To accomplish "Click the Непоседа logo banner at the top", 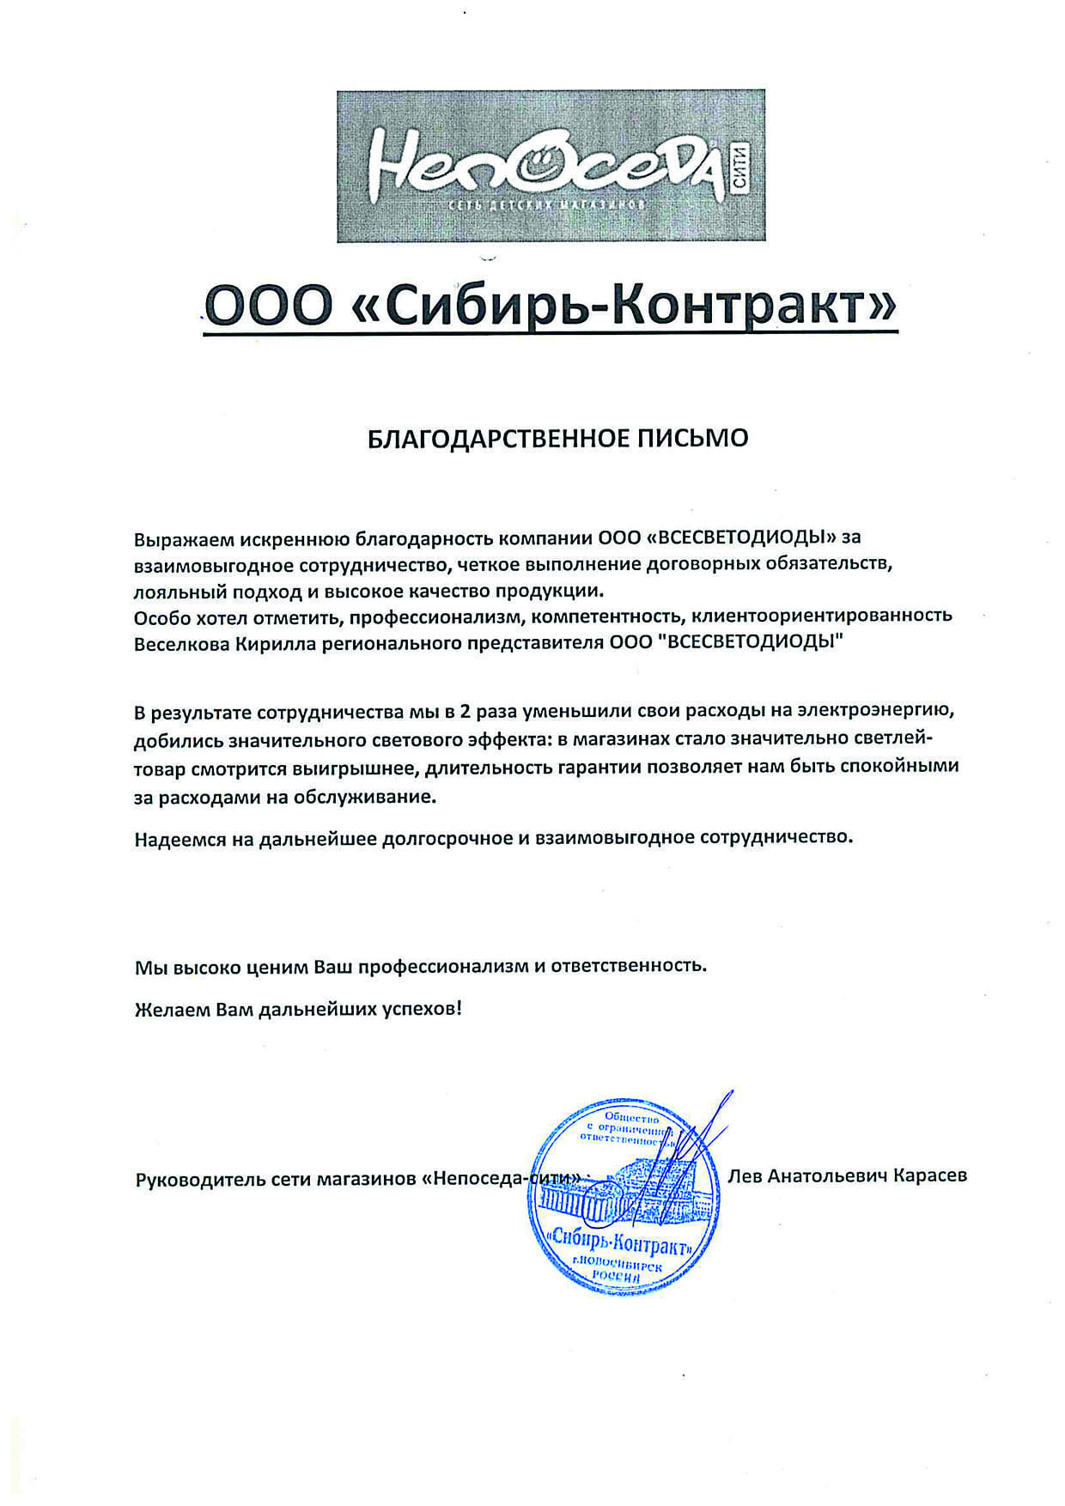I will (x=551, y=166).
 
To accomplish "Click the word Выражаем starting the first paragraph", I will (x=184, y=539).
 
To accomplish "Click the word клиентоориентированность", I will (x=822, y=616).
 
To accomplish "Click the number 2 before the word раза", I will (x=465, y=712).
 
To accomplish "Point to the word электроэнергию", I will (x=876, y=712).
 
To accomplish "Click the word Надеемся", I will (x=179, y=839).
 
